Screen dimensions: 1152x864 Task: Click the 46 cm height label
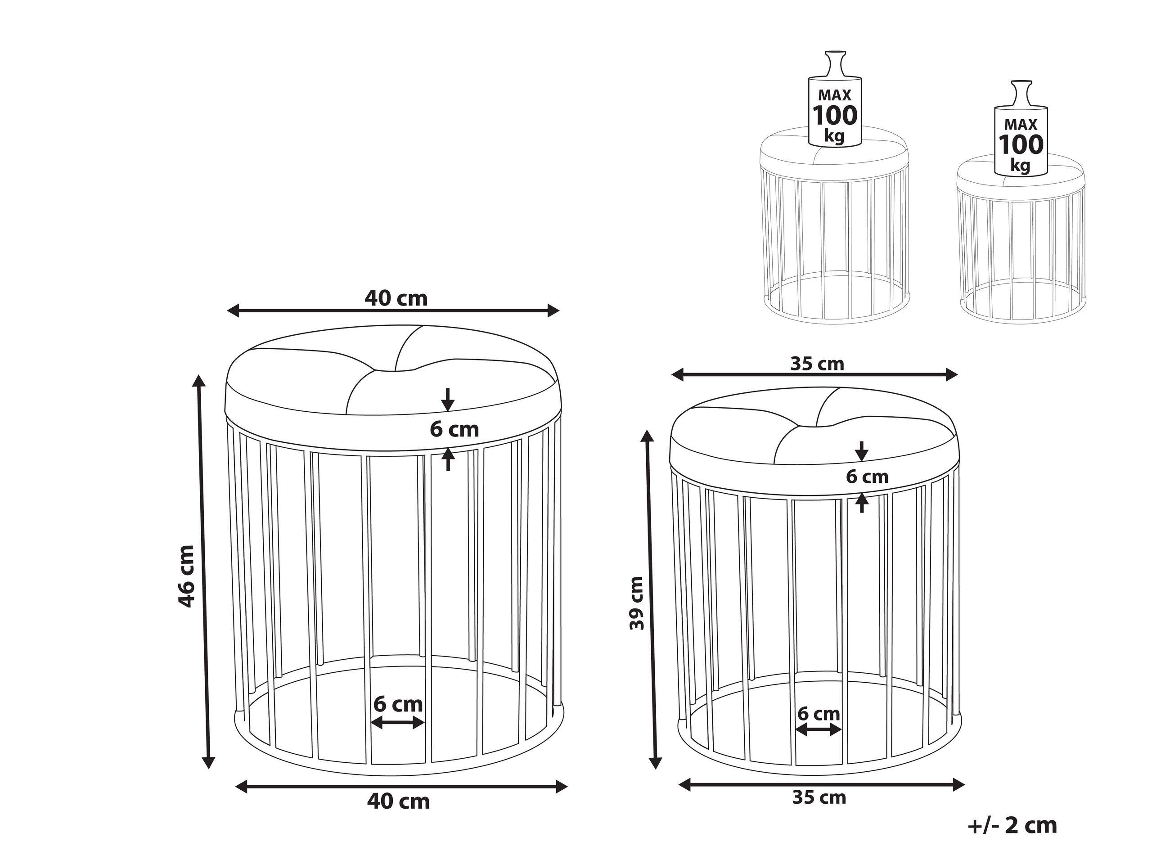tap(186, 576)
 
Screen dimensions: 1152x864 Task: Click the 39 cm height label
tap(636, 603)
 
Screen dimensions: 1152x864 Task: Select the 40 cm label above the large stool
tap(396, 298)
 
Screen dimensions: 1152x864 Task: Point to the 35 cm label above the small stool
tap(817, 364)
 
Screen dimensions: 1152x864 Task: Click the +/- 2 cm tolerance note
tap(1013, 825)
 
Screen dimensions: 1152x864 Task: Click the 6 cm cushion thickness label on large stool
tap(454, 429)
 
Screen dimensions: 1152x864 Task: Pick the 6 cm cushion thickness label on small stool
tap(867, 477)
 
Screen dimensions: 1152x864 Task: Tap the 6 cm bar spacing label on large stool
tap(398, 705)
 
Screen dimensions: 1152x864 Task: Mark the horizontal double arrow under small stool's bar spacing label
tap(819, 730)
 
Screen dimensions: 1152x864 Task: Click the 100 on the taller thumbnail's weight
tap(835, 116)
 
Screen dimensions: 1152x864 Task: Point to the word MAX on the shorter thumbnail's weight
tap(1021, 125)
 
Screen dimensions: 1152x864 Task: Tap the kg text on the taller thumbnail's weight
tap(834, 136)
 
